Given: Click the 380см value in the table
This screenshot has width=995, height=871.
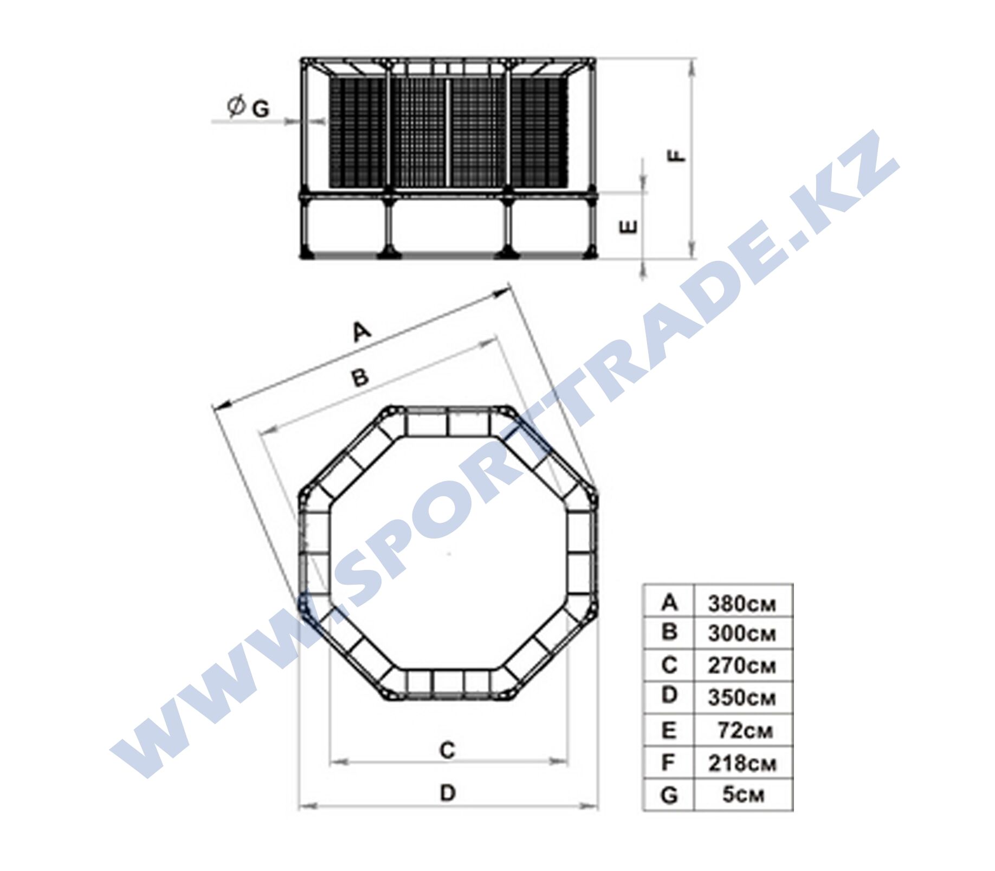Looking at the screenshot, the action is click(x=741, y=604).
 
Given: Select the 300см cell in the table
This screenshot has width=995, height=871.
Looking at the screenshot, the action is click(x=741, y=634).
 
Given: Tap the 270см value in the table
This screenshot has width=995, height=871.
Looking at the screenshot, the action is click(x=741, y=665).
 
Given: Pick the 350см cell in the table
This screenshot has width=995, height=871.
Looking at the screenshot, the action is click(x=741, y=697).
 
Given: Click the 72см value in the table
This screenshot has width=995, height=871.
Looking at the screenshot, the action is click(x=745, y=731).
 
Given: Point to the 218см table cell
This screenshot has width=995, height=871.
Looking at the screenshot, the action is click(x=741, y=764).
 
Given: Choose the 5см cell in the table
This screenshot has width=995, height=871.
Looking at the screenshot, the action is click(x=743, y=795).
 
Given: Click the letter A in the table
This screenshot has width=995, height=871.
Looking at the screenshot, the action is click(x=670, y=602).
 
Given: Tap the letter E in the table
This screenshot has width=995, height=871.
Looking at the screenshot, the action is click(x=669, y=731).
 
